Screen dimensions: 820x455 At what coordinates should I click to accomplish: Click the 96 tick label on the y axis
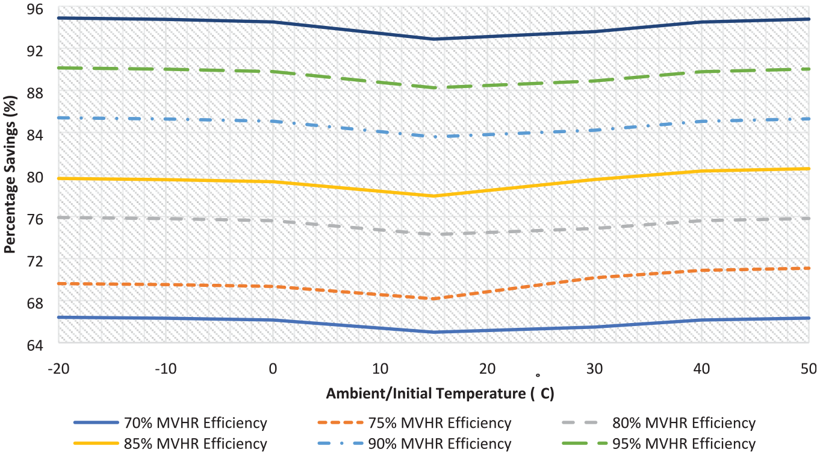click(35, 9)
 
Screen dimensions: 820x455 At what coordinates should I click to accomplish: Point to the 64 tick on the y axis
click(35, 345)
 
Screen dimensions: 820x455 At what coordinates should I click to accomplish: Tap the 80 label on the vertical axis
click(35, 177)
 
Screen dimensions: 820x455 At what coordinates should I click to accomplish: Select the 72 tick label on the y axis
click(35, 261)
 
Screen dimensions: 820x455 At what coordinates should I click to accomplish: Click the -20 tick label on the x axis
click(58, 369)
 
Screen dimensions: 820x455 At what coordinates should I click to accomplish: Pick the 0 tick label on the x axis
click(273, 369)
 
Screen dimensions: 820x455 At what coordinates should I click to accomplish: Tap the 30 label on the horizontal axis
click(594, 369)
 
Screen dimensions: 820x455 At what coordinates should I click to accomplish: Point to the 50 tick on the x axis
click(809, 369)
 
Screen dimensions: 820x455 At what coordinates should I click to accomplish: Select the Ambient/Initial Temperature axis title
click(440, 394)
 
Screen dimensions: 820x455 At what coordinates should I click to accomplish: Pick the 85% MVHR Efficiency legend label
click(196, 444)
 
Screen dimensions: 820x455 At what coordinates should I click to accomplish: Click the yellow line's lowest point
click(434, 196)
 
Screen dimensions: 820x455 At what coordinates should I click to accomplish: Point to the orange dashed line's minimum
click(434, 299)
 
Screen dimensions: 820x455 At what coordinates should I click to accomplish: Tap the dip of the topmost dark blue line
click(434, 39)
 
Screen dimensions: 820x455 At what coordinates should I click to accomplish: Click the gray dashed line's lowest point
click(434, 234)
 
